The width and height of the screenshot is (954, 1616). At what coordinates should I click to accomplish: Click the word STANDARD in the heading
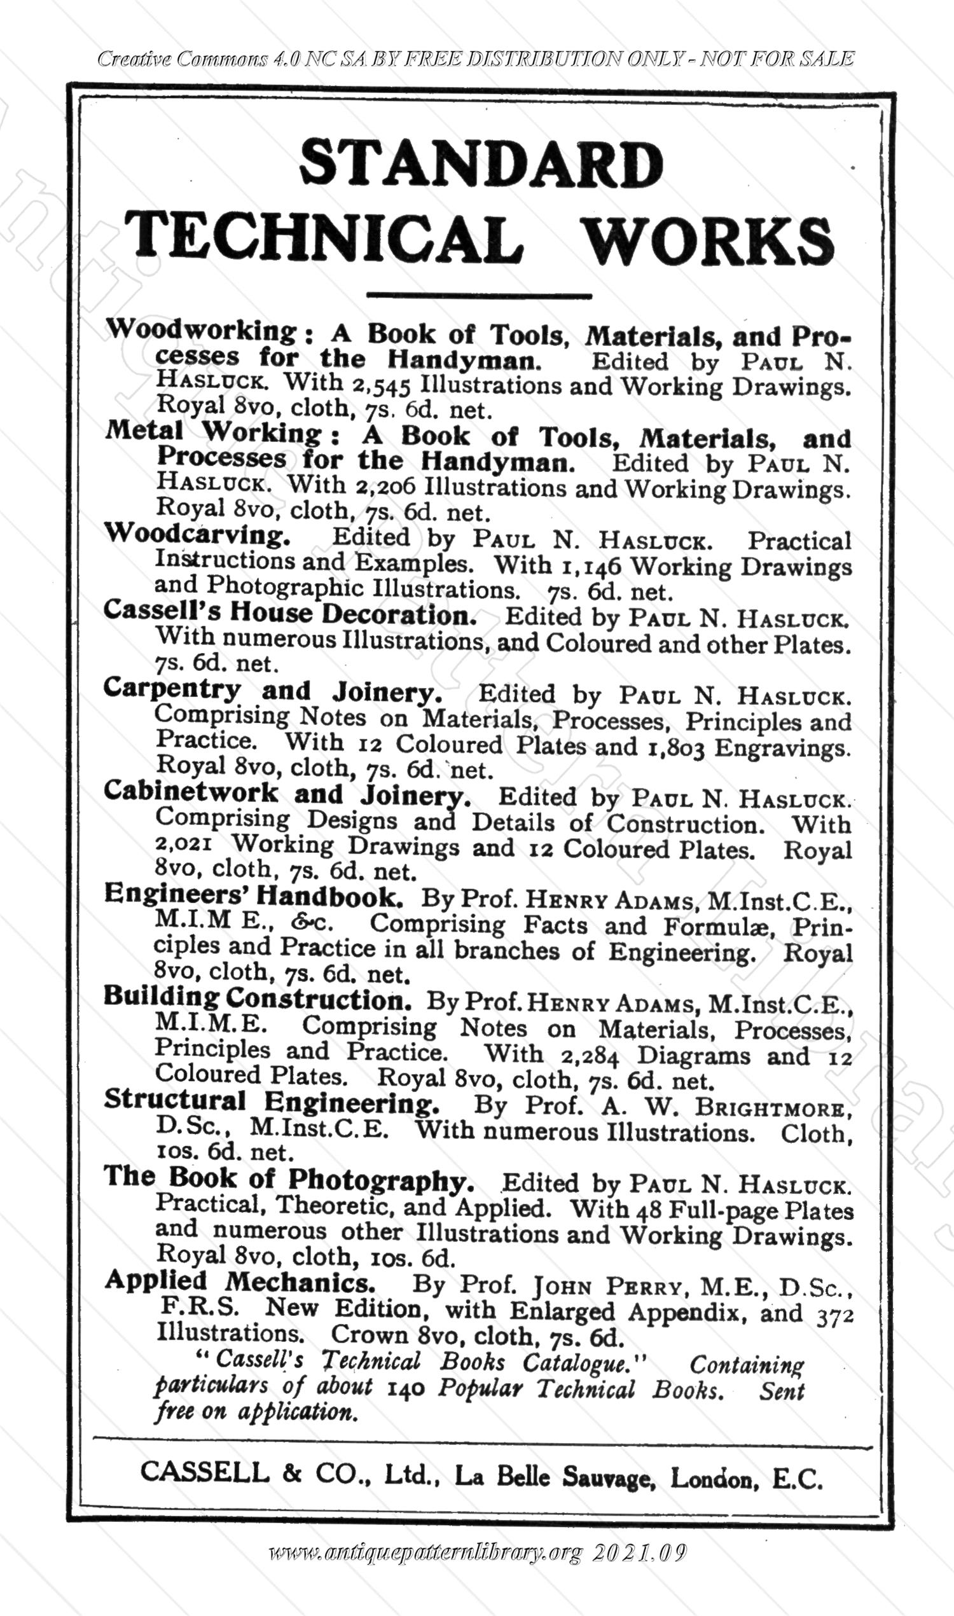tap(481, 163)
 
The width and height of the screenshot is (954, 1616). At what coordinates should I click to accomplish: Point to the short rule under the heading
tap(478, 295)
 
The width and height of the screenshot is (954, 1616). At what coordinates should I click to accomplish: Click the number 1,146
tap(591, 565)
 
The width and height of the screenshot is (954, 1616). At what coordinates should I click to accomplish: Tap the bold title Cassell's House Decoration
tap(289, 613)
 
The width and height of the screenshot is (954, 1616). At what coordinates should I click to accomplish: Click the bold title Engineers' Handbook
tap(254, 895)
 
